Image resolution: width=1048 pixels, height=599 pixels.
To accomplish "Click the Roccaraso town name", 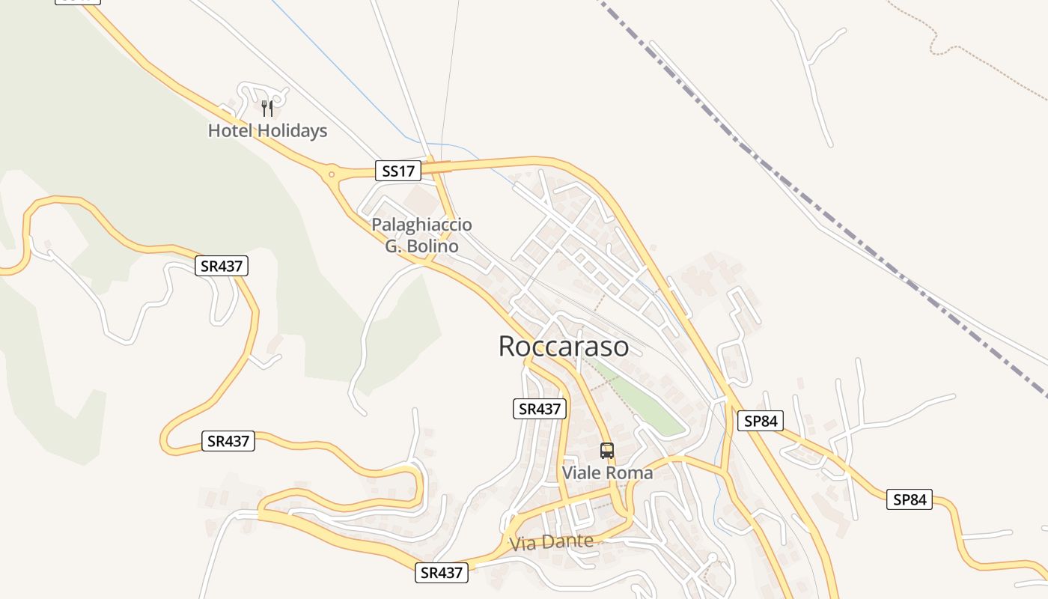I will pyautogui.click(x=563, y=347).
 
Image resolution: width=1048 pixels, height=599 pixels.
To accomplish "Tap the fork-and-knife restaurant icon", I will pyautogui.click(x=267, y=109).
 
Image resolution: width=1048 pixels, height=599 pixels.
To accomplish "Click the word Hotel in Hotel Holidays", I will pyautogui.click(x=230, y=131).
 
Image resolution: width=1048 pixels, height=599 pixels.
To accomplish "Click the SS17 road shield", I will pyautogui.click(x=397, y=171).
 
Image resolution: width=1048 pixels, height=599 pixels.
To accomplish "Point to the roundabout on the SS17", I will pyautogui.click(x=331, y=174).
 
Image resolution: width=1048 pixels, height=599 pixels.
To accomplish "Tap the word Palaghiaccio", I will pyautogui.click(x=421, y=225).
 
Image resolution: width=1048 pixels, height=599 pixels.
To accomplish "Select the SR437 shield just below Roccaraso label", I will pyautogui.click(x=540, y=409).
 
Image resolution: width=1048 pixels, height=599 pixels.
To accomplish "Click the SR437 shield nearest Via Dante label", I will pyautogui.click(x=442, y=573).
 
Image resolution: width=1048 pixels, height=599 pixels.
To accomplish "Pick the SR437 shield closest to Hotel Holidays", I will pyautogui.click(x=222, y=266).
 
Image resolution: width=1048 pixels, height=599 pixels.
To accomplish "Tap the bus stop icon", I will pyautogui.click(x=607, y=451).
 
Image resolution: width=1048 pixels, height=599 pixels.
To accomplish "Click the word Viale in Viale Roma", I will pyautogui.click(x=582, y=473).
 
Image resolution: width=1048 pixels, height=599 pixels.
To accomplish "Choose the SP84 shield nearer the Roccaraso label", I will pyautogui.click(x=761, y=422).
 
